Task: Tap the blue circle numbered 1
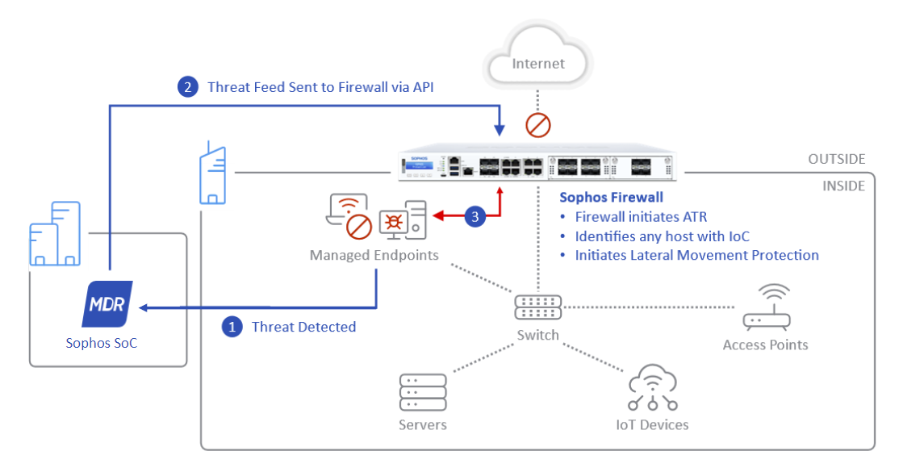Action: coord(232,327)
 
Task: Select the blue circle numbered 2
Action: coord(188,87)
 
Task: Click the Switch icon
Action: coord(538,307)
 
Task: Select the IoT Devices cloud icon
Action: coord(652,388)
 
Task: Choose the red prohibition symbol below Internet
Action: coord(538,125)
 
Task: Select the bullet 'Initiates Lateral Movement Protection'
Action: coord(696,255)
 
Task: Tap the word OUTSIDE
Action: coord(836,160)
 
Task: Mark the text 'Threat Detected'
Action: coord(303,327)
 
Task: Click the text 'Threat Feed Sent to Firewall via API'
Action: coord(320,87)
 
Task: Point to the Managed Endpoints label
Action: coord(374,255)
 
